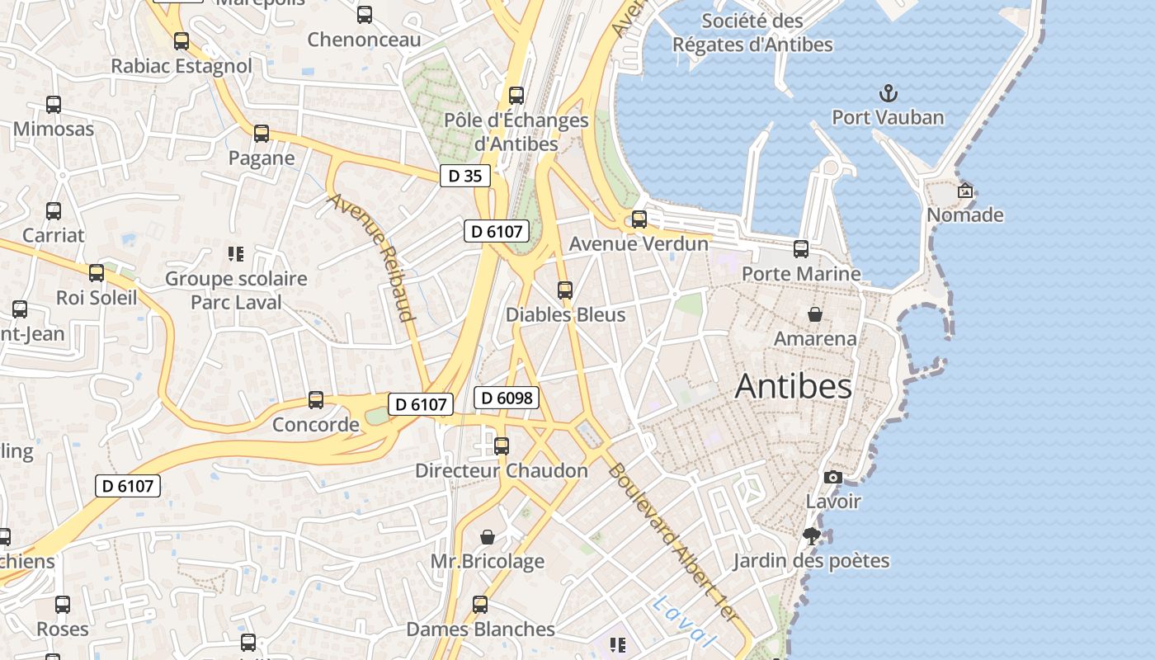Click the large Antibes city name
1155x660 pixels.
tap(793, 386)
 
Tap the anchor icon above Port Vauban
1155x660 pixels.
tap(888, 92)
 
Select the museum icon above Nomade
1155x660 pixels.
tap(964, 191)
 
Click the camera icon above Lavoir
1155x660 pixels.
tap(833, 477)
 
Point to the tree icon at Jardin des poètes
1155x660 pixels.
tap(812, 536)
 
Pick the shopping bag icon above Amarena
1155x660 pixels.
tap(815, 314)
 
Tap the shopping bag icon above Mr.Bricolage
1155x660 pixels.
tap(488, 537)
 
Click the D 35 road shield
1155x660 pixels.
tap(465, 176)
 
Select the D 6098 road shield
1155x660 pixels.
tap(507, 398)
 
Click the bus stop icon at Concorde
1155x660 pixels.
tap(316, 400)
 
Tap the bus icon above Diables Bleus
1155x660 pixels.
tap(565, 290)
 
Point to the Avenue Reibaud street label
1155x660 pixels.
tap(372, 257)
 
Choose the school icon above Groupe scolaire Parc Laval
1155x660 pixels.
tap(236, 253)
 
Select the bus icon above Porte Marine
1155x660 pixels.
tap(801, 249)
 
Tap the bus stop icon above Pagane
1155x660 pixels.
tap(262, 134)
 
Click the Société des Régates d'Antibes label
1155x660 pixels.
tap(752, 33)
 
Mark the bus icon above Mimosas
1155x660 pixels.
tap(54, 105)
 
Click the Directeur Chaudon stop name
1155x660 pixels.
tap(502, 470)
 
